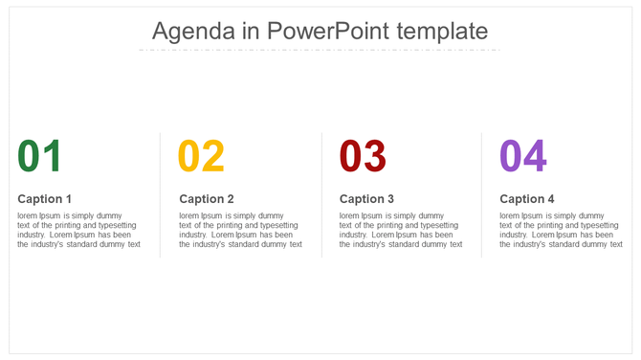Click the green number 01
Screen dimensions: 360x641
click(40, 156)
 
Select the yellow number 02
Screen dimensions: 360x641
click(201, 156)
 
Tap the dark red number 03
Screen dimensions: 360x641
click(363, 156)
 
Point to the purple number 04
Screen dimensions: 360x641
click(523, 156)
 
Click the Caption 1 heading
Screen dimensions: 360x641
click(45, 199)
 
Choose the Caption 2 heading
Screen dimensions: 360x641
click(207, 199)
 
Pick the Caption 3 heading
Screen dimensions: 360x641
click(366, 199)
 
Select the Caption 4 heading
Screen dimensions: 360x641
click(527, 199)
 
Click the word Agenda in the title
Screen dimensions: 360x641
click(194, 31)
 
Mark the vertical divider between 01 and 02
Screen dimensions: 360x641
click(160, 194)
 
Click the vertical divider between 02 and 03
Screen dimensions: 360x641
click(321, 194)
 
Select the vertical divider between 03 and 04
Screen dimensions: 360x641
click(481, 194)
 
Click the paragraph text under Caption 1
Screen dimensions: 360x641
click(78, 230)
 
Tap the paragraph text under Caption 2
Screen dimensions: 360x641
click(240, 230)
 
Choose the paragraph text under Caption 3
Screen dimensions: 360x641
click(401, 230)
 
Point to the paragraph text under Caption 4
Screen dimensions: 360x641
click(561, 230)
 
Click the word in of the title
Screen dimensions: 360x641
click(252, 31)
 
